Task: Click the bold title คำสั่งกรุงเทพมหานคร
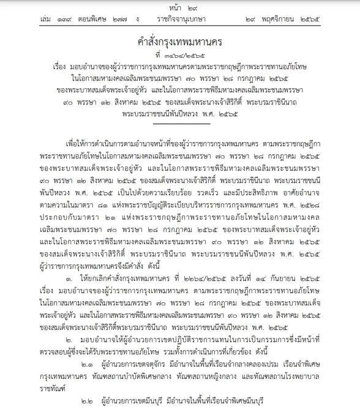tap(179, 40)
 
